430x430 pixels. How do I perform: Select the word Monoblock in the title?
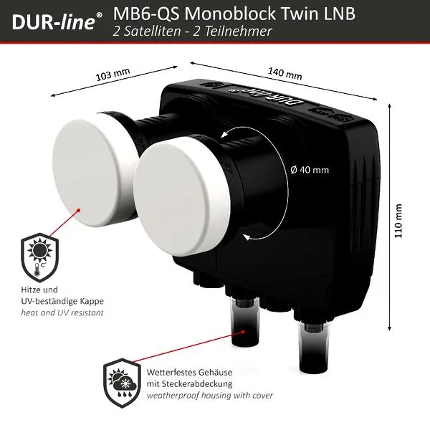click(230, 13)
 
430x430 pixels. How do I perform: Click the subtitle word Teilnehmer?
click(238, 31)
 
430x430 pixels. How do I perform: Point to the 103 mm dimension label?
click(113, 75)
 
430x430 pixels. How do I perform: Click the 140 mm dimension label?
click(285, 73)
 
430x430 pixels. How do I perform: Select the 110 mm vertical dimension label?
click(398, 221)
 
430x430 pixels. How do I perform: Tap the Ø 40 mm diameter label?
click(310, 170)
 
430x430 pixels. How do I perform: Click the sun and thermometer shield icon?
click(39, 257)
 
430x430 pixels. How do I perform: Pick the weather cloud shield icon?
click(122, 383)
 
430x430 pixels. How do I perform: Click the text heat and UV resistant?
click(62, 312)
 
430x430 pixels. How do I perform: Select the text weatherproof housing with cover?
click(209, 396)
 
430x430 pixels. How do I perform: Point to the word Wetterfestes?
click(168, 372)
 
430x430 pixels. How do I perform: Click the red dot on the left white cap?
click(78, 210)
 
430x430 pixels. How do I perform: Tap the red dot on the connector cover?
click(243, 332)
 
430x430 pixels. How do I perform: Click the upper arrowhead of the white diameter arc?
click(224, 134)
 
